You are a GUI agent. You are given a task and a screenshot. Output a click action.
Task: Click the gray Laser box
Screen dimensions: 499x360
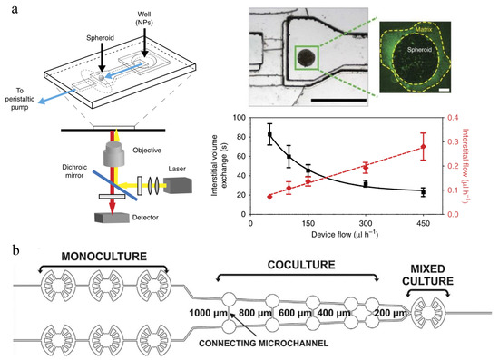coord(178,186)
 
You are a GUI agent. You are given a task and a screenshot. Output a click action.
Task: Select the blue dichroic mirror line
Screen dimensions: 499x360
coord(115,186)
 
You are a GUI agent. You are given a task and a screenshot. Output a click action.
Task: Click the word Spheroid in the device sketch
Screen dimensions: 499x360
coord(100,38)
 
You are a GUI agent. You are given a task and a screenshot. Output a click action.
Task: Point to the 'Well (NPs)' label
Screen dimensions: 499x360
coord(144,18)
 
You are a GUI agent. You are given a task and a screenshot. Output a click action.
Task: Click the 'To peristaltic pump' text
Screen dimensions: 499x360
coord(20,99)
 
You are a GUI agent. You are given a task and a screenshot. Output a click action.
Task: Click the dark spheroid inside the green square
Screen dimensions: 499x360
coord(307,57)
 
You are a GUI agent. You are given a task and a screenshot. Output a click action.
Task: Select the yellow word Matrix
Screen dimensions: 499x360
coord(424,30)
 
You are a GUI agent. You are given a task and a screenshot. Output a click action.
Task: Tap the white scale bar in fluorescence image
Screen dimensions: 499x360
coord(445,91)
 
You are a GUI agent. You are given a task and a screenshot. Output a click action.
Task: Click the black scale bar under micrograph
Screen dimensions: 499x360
coord(338,100)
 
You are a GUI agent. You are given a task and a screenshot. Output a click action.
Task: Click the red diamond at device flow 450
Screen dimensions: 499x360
coord(424,147)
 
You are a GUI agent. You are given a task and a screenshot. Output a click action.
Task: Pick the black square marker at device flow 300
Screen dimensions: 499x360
coord(366,184)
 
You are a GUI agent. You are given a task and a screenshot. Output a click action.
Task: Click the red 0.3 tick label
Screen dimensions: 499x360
coord(453,141)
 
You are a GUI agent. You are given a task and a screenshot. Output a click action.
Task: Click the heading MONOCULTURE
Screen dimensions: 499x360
coord(104,257)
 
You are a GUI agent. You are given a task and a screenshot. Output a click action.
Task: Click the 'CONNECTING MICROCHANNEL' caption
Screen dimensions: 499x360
coord(263,344)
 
